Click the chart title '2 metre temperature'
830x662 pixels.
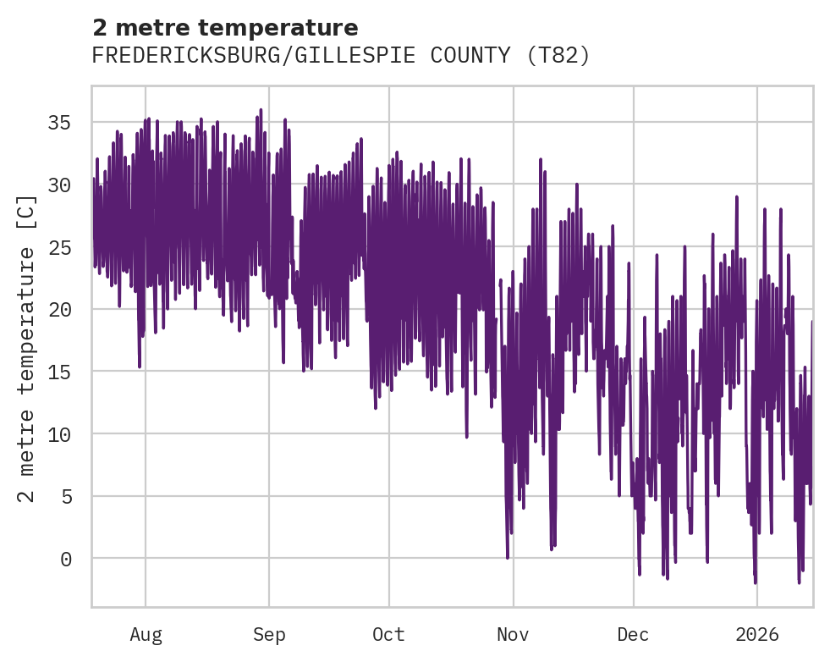coord(225,28)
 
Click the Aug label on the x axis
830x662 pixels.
coord(146,635)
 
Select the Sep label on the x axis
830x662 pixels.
coord(269,635)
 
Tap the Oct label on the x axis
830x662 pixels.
coord(389,635)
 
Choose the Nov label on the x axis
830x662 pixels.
coord(513,635)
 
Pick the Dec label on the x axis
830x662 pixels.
coord(633,635)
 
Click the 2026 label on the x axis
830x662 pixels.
coord(756,635)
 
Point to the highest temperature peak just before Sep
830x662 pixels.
coord(261,110)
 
